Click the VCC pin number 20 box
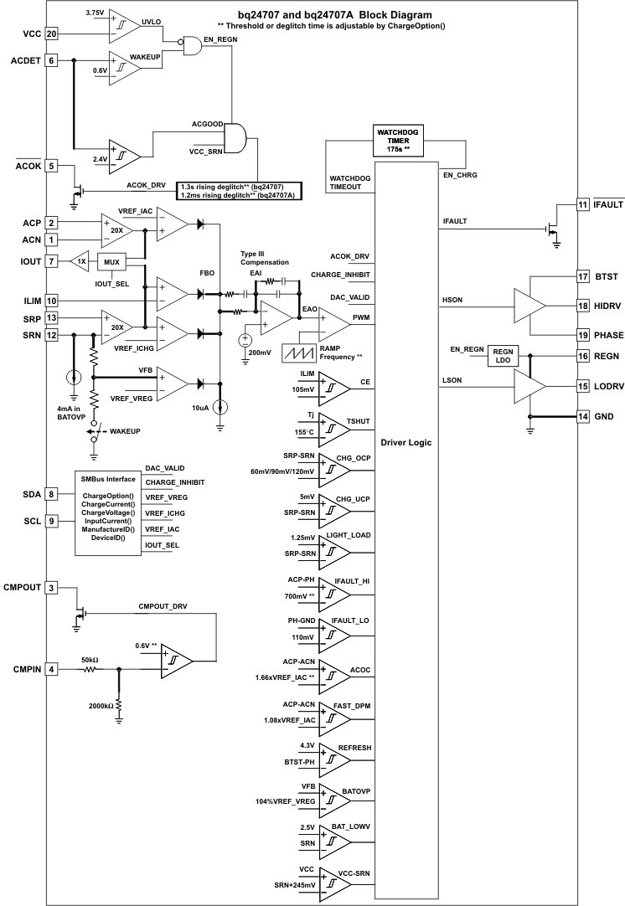(52, 34)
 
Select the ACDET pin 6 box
(52, 60)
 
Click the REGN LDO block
(504, 356)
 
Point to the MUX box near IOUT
(111, 262)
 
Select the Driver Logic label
(405, 442)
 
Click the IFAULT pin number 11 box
(583, 204)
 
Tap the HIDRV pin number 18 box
(583, 306)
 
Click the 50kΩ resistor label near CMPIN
(89, 659)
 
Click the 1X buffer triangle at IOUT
(79, 261)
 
